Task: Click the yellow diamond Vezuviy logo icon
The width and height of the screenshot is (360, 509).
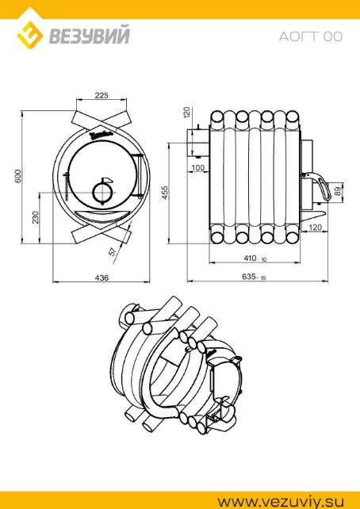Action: [x=30, y=35]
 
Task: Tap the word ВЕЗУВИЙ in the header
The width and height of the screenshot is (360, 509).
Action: [x=90, y=36]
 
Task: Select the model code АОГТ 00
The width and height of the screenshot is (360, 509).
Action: [x=310, y=36]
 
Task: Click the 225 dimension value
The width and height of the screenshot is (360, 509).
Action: [x=101, y=95]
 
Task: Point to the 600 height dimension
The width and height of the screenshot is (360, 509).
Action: [x=18, y=176]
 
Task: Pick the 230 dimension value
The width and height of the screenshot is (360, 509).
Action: [x=36, y=217]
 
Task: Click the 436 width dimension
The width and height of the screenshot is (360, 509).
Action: [x=101, y=277]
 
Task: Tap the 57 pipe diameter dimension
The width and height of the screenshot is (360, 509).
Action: [x=113, y=251]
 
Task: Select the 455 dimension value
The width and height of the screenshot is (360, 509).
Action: [x=165, y=193]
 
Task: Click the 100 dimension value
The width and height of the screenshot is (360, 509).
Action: [x=198, y=167]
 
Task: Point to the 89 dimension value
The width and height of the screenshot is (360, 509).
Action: [x=337, y=191]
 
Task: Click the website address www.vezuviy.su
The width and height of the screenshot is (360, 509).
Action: [x=281, y=502]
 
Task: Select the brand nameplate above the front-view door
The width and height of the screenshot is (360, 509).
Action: [x=101, y=134]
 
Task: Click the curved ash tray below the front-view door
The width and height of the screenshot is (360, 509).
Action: [x=101, y=215]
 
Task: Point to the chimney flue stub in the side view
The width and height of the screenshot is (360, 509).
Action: [x=198, y=144]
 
